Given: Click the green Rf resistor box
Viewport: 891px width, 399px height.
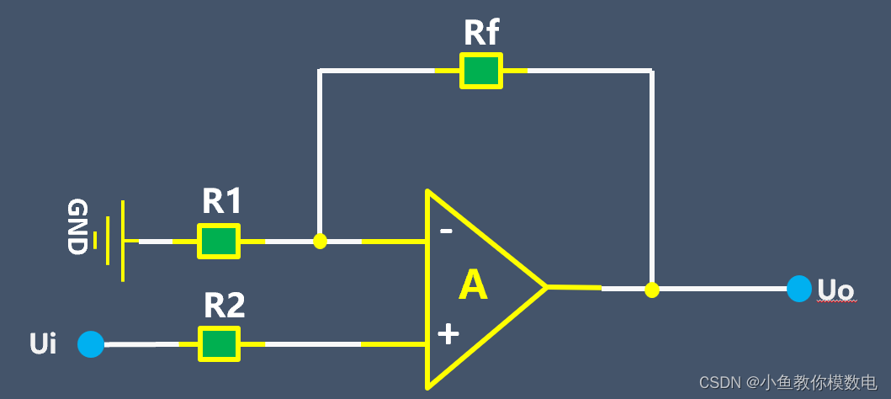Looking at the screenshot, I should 481,71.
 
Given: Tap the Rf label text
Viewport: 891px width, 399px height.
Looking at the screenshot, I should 481,33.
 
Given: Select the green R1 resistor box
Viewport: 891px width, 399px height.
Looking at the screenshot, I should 219,241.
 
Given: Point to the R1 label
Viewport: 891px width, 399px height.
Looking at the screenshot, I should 222,202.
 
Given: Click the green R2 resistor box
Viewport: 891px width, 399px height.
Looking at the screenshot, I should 219,344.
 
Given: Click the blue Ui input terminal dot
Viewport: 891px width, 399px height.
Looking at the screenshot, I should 91,344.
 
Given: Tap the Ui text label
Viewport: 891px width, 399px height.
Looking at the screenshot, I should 43,344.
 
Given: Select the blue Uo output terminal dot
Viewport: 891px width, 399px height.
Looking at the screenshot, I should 799,289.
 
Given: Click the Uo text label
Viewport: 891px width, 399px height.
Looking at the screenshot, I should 835,290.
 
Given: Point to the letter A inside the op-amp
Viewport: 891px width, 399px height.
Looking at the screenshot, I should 473,287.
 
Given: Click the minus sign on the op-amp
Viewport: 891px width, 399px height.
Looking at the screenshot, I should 447,231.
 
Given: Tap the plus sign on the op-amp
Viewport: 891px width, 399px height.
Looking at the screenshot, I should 448,334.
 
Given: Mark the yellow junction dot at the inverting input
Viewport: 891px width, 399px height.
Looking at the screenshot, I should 320,242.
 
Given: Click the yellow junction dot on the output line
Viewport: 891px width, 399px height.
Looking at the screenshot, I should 651,290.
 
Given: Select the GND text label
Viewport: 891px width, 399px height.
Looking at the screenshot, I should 77,227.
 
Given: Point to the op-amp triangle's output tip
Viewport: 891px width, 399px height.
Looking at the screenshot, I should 546,287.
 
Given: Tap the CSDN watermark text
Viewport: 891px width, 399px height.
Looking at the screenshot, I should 788,383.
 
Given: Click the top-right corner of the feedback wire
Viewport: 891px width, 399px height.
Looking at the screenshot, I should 651,71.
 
